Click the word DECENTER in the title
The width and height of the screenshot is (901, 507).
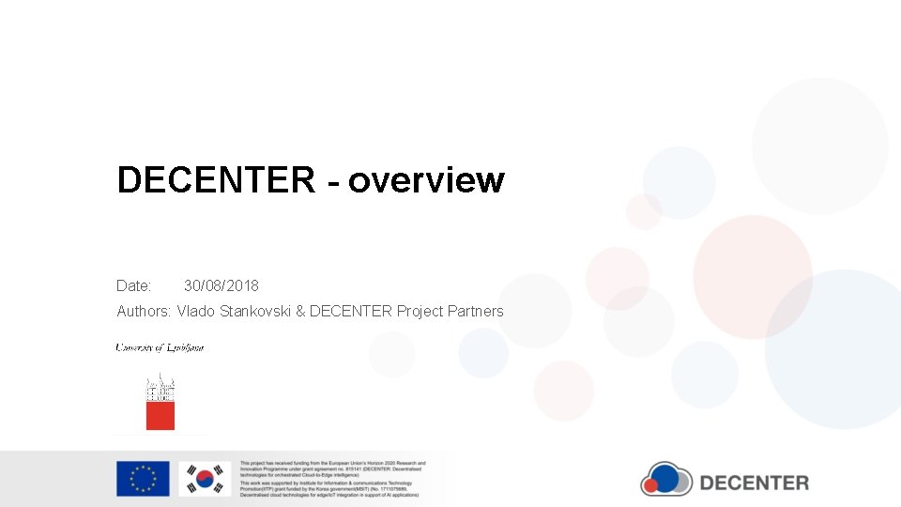pyautogui.click(x=216, y=179)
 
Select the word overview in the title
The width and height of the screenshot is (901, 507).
pyautogui.click(x=426, y=179)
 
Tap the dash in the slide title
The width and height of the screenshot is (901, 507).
pyautogui.click(x=332, y=181)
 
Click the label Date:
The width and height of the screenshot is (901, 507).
pyautogui.click(x=134, y=285)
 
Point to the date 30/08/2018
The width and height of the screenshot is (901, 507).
pyautogui.click(x=221, y=285)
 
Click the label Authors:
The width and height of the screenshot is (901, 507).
pyautogui.click(x=144, y=311)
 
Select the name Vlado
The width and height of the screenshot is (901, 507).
pyautogui.click(x=196, y=311)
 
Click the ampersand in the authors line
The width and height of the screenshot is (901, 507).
pyautogui.click(x=300, y=311)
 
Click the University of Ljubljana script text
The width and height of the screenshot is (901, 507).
pyautogui.click(x=160, y=347)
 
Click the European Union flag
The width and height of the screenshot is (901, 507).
pyautogui.click(x=143, y=479)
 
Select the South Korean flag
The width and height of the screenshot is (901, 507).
pyautogui.click(x=205, y=479)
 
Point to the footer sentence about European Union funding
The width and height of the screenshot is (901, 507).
pyautogui.click(x=332, y=469)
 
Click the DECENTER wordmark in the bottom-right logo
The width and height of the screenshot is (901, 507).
pyautogui.click(x=754, y=484)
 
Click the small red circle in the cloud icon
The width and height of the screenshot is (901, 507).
pyautogui.click(x=652, y=484)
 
